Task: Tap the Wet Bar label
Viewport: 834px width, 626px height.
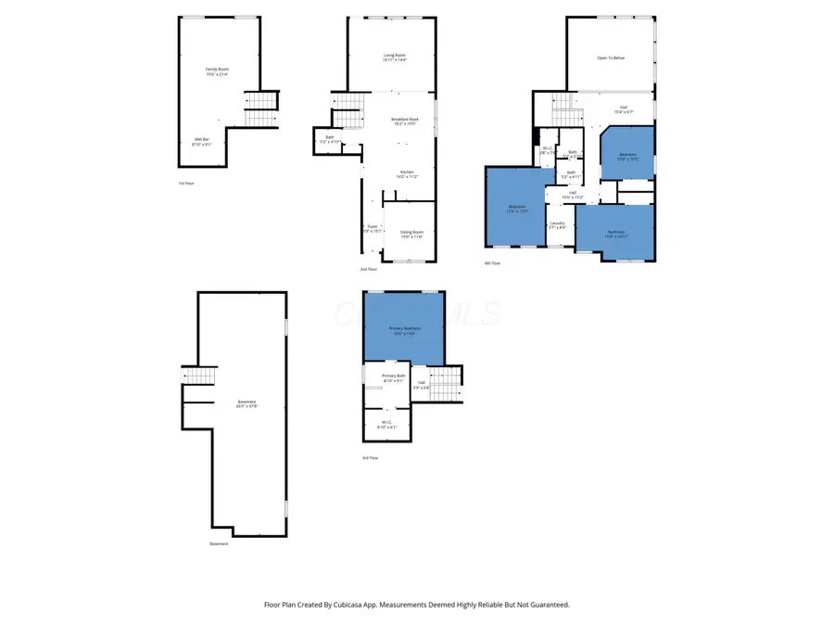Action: [201, 141]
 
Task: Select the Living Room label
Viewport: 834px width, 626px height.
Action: [395, 57]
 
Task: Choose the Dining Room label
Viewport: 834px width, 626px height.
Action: [411, 234]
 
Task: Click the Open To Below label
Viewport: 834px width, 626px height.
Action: [610, 57]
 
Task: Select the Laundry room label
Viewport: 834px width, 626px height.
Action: [557, 224]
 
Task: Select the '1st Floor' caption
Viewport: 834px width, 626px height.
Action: [185, 183]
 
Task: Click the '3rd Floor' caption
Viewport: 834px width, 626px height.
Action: [371, 457]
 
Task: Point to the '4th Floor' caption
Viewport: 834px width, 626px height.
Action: [492, 262]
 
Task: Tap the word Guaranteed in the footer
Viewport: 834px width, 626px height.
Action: [548, 604]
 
